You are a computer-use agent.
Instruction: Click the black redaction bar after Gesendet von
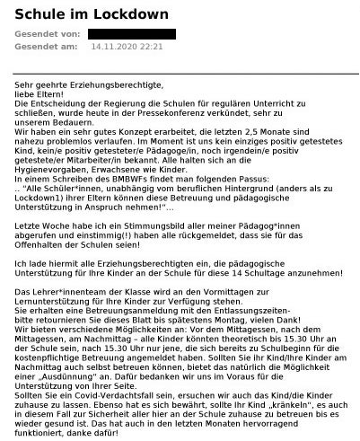(x=131, y=34)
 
